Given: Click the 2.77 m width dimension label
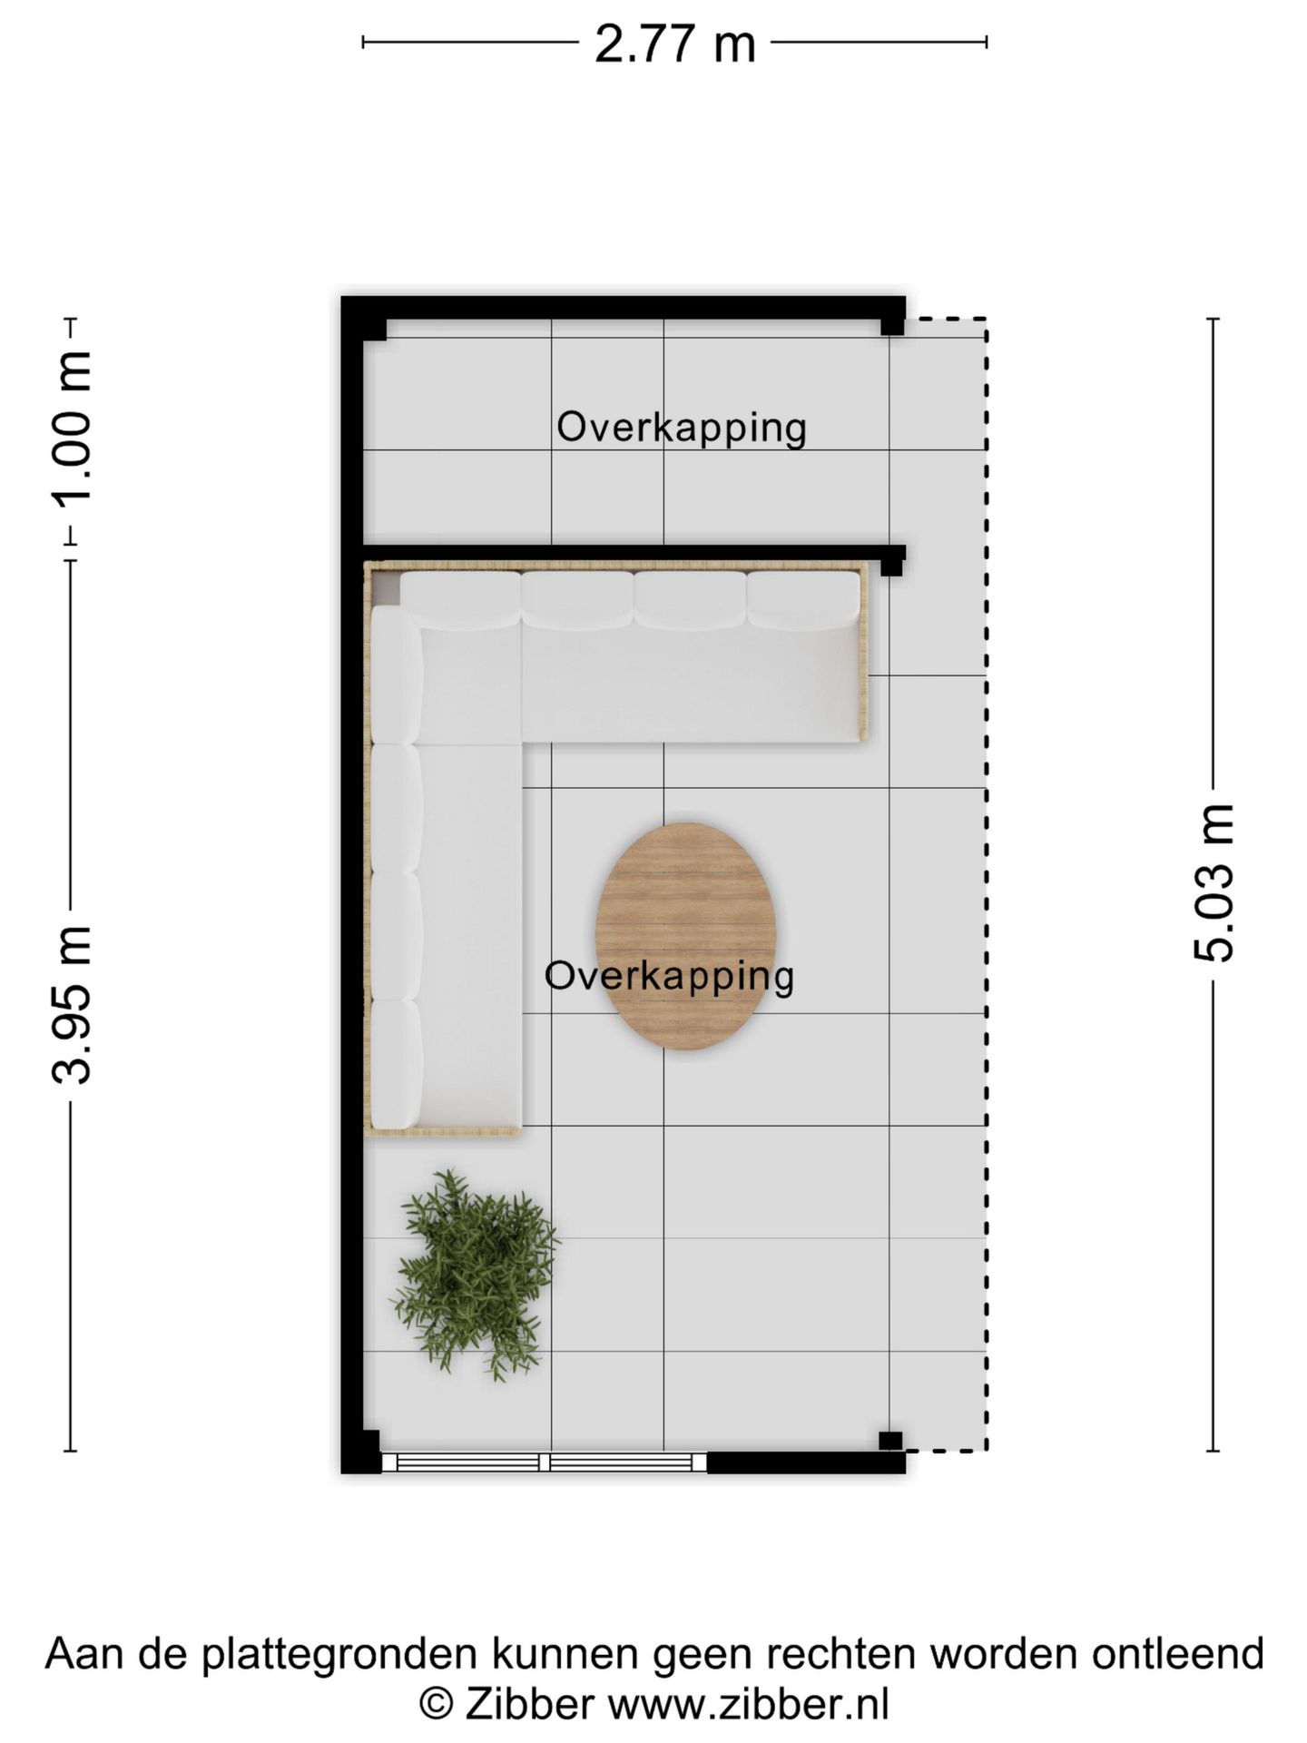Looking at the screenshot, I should point(674,44).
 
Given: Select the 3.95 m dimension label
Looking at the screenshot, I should point(71,1005).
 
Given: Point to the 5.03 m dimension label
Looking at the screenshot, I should point(1214,881).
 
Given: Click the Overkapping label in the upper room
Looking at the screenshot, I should point(681,428).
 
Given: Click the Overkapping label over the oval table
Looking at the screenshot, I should point(669,976).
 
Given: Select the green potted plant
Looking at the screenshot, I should point(475,1271).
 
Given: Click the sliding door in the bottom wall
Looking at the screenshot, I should point(544,1462).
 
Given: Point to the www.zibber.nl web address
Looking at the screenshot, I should point(748,1704).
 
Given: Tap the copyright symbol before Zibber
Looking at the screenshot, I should point(436,1704).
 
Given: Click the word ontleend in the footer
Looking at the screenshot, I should point(1177,1653).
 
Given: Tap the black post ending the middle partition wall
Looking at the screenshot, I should point(892,563).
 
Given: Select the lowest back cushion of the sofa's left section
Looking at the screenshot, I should point(397,1064).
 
